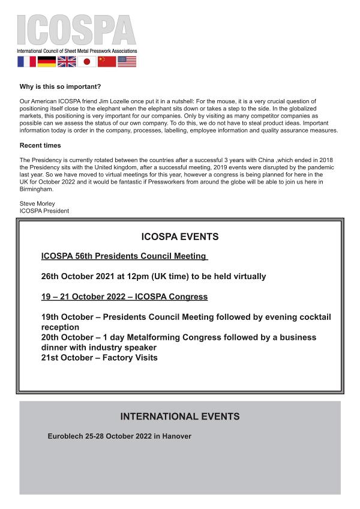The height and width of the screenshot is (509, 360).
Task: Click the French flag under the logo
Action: pyautogui.click(x=26, y=61)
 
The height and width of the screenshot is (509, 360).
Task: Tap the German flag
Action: pyautogui.click(x=46, y=61)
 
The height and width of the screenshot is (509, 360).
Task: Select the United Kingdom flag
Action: pyautogui.click(x=67, y=61)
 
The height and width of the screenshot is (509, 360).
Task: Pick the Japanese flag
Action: pyautogui.click(x=86, y=61)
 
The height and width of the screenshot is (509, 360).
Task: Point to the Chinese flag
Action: pyautogui.click(x=107, y=61)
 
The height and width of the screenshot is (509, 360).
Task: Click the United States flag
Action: pyautogui.click(x=127, y=61)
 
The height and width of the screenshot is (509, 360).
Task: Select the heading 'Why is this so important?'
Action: pyautogui.click(x=61, y=87)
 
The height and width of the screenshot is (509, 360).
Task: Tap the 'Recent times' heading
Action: pyautogui.click(x=40, y=145)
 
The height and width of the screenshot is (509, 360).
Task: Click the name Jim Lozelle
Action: pyautogui.click(x=124, y=101)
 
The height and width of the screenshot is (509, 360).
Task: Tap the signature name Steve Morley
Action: pyautogui.click(x=37, y=204)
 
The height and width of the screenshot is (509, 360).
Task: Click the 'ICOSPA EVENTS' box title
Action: pyautogui.click(x=180, y=236)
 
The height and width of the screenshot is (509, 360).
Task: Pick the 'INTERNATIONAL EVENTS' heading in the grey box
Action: pyautogui.click(x=180, y=417)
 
